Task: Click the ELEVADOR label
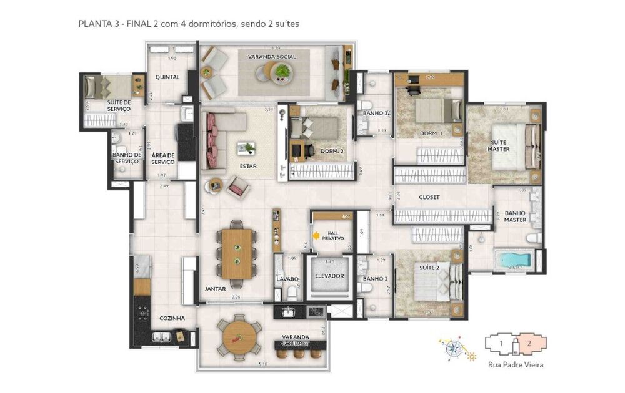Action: point(329,276)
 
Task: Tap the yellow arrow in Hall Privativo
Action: point(316,235)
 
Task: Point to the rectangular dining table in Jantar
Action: point(237,253)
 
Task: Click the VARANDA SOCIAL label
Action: point(272,57)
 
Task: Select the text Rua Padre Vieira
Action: point(514,365)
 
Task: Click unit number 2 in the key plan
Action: point(530,342)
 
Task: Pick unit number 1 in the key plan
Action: point(501,342)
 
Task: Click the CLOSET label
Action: point(430,197)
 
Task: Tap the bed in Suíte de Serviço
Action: point(104,86)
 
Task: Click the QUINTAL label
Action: point(167,77)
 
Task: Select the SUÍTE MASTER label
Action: point(499,145)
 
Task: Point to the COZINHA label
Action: point(172,318)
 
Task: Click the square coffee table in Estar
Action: point(246,148)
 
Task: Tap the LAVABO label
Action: point(289,279)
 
